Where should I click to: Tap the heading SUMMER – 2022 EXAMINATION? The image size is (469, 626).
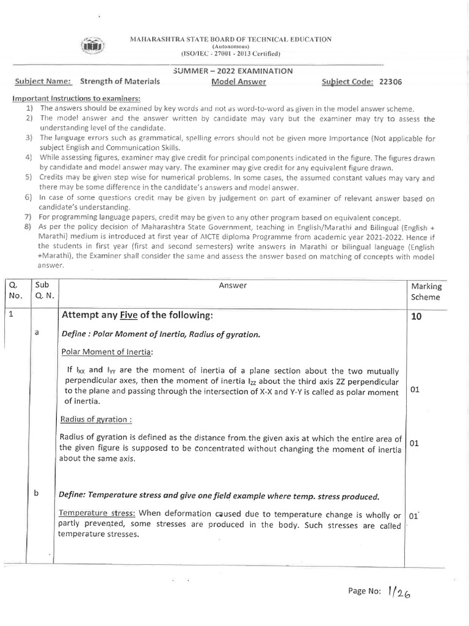point(233,72)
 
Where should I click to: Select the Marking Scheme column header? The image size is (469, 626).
point(426,291)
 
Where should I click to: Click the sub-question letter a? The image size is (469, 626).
point(37,332)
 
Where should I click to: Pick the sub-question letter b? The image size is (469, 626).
point(37,494)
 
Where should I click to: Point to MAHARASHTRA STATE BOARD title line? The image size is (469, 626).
point(230,39)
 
